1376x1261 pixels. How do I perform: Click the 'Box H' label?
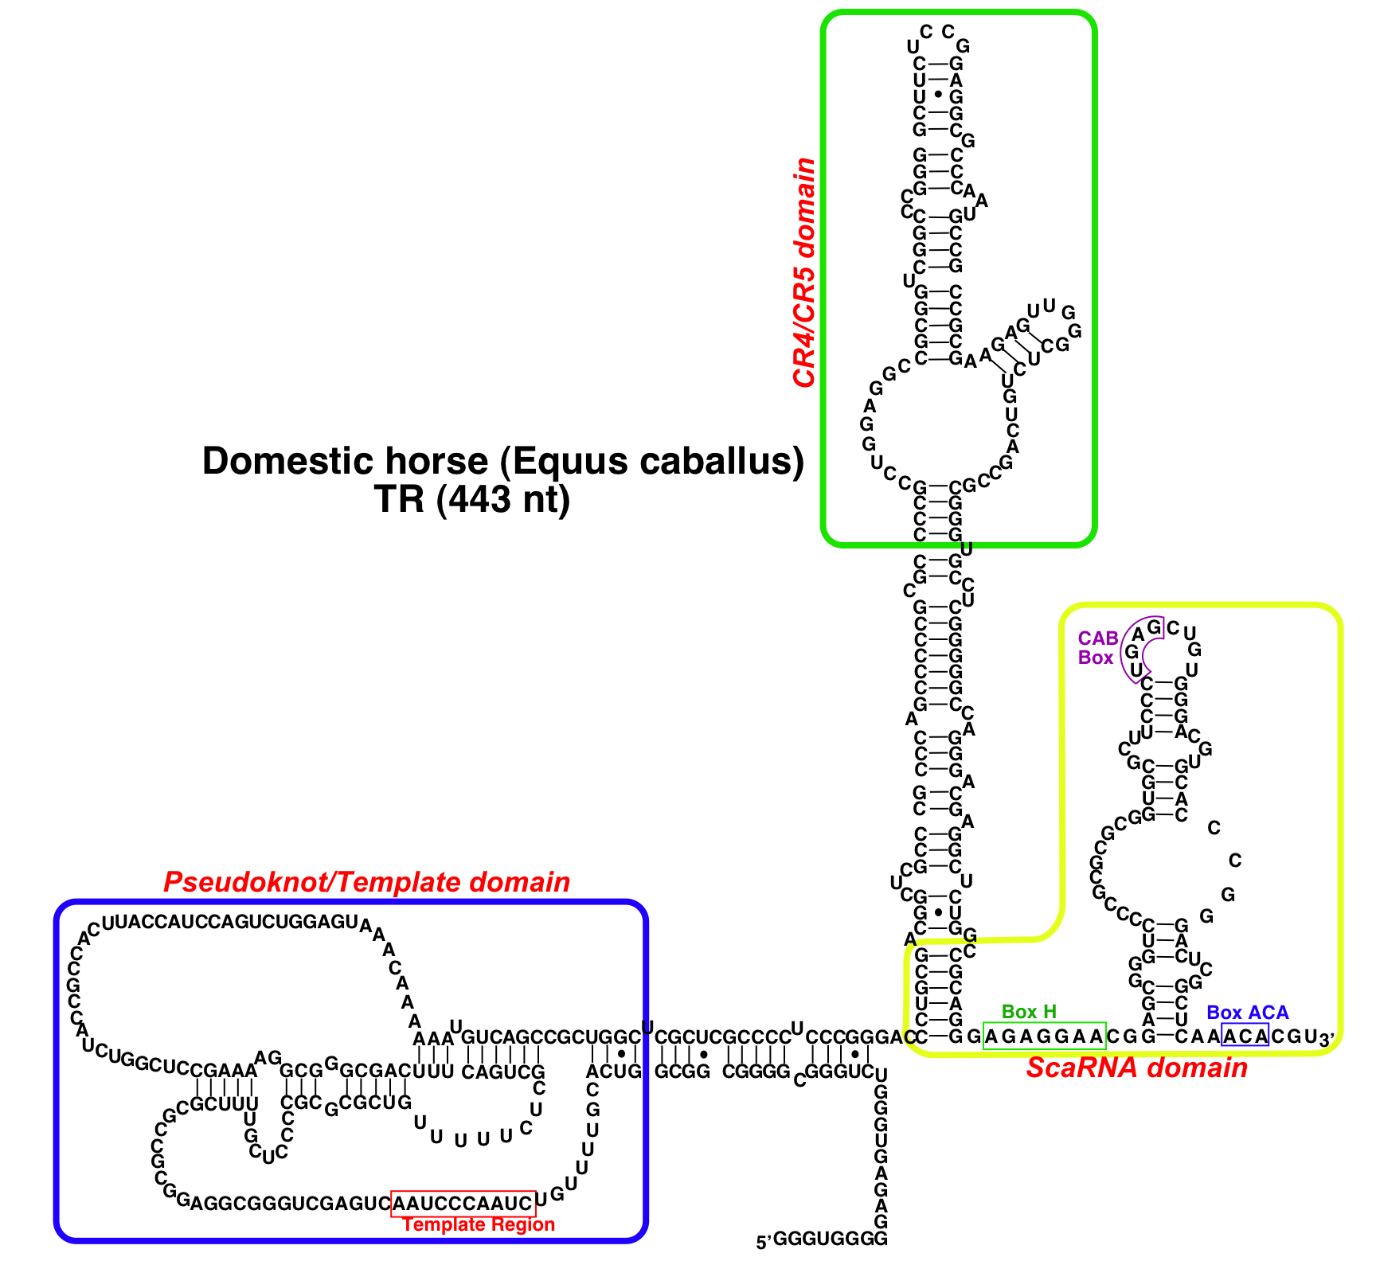coord(1029,1012)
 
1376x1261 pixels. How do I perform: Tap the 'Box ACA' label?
coord(1247,1013)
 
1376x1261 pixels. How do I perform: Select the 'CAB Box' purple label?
coord(1097,648)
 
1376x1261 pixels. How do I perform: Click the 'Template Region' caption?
coord(479,1224)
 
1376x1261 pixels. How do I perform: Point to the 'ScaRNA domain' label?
coord(1136,1068)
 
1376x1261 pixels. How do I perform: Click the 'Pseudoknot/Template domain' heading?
coord(366,882)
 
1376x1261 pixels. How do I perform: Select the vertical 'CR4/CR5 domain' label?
coord(804,272)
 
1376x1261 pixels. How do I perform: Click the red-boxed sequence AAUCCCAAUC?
coord(463,1203)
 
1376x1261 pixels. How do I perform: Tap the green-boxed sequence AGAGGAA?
coord(1045,1037)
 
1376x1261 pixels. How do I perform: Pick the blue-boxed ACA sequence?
coord(1245,1037)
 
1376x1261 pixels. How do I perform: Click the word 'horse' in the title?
coord(436,461)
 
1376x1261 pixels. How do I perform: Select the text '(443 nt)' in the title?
coord(503,499)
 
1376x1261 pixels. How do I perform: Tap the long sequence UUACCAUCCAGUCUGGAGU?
coord(231,922)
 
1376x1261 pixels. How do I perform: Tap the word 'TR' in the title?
coord(401,499)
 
